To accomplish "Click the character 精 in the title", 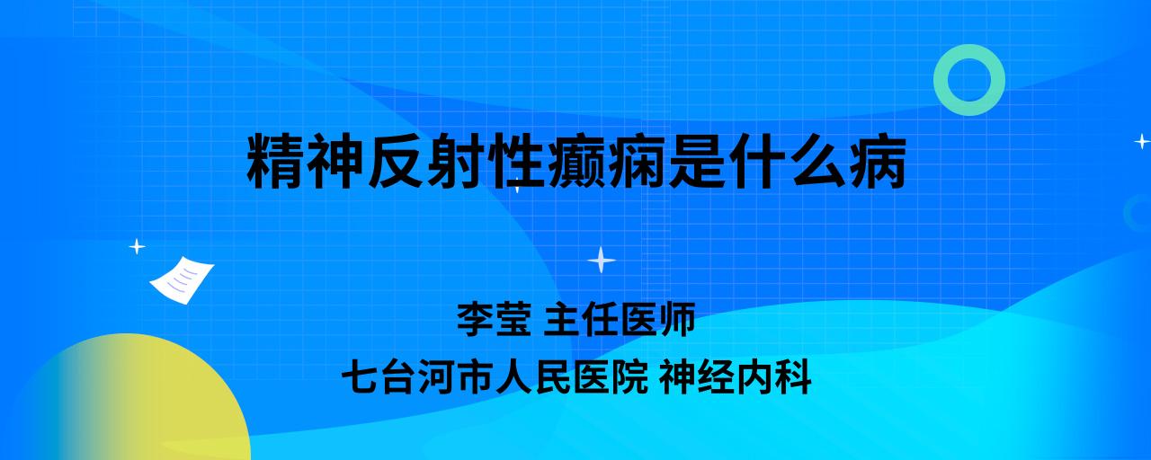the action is tap(275, 161).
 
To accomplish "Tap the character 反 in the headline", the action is tap(396, 161).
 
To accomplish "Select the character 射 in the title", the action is tap(456, 161).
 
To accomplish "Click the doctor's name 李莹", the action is tap(494, 319).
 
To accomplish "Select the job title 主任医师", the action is tap(620, 319).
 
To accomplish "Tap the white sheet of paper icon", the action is tap(182, 279).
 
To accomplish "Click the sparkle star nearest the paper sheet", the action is tap(137, 247).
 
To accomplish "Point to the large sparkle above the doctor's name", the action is tap(602, 260).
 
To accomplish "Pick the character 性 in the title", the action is tap(516, 161).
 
